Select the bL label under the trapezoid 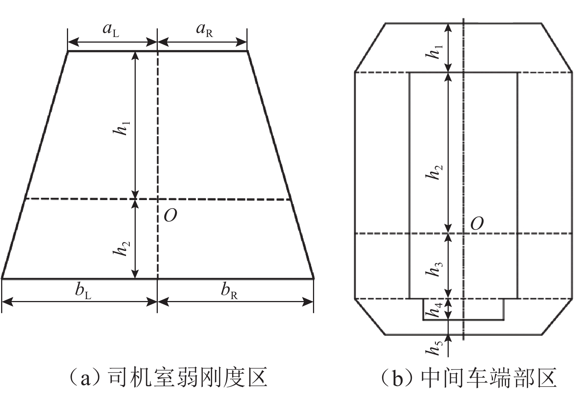(x=83, y=291)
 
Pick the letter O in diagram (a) (x=170, y=216)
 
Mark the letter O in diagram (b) (x=476, y=224)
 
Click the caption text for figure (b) (x=469, y=378)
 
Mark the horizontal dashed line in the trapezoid (x=224, y=199)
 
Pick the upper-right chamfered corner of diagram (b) (x=557, y=47)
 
